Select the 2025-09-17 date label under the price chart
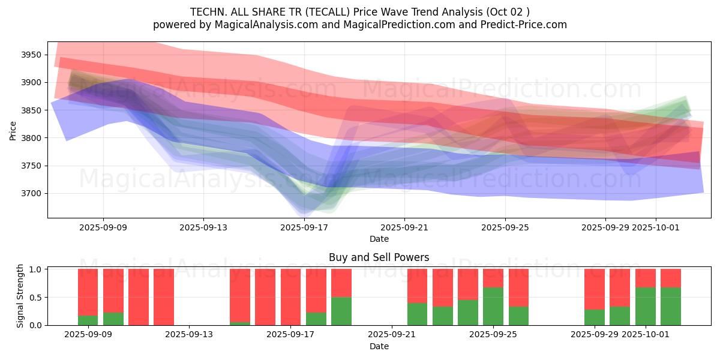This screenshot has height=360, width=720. coord(304,227)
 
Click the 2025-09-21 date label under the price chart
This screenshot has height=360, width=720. coord(404,227)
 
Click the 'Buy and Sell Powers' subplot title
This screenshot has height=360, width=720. coord(379,257)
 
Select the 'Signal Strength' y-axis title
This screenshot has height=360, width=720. coord(20,296)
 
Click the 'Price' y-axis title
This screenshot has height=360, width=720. coord(13,130)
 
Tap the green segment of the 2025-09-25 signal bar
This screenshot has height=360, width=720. coord(493,306)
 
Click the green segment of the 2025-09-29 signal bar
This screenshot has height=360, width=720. coord(595,317)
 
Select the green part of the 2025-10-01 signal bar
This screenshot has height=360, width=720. coord(646,306)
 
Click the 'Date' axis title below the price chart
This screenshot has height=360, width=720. coord(379,239)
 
